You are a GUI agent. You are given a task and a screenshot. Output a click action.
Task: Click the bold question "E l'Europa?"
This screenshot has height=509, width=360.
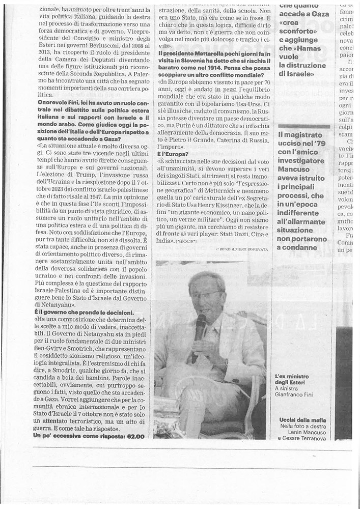[x=173, y=153]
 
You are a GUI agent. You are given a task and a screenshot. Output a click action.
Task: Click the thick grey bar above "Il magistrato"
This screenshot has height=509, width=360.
[x=303, y=126]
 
